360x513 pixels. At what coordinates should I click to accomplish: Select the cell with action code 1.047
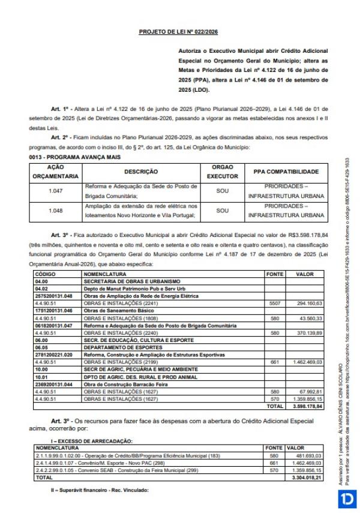pyautogui.click(x=55, y=190)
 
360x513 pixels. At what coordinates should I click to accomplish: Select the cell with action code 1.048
pyautogui.click(x=55, y=210)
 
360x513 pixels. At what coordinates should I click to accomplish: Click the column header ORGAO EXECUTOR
pyautogui.click(x=222, y=172)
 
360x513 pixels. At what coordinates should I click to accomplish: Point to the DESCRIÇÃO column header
pyautogui.click(x=141, y=172)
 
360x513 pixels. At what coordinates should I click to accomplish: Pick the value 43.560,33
pyautogui.click(x=311, y=317)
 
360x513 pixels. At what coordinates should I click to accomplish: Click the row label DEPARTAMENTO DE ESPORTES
pyautogui.click(x=119, y=347)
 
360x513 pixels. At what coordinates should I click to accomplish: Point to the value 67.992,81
pyautogui.click(x=311, y=391)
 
